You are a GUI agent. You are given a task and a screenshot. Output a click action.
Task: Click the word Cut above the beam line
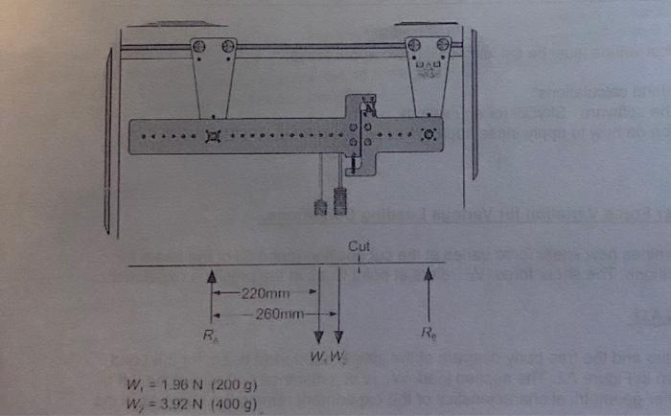(x=359, y=246)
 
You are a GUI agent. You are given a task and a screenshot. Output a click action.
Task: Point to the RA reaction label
(x=211, y=336)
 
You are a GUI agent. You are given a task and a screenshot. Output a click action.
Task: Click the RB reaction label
(x=428, y=335)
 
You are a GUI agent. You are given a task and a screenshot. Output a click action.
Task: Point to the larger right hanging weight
(x=338, y=202)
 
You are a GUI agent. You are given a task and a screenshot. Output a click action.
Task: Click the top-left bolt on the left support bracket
(x=199, y=45)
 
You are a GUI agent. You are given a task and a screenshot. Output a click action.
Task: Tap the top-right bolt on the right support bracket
(x=441, y=44)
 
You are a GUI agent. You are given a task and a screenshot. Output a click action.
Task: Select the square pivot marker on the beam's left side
(x=212, y=136)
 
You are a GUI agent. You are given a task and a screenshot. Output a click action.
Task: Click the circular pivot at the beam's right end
(x=428, y=133)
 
